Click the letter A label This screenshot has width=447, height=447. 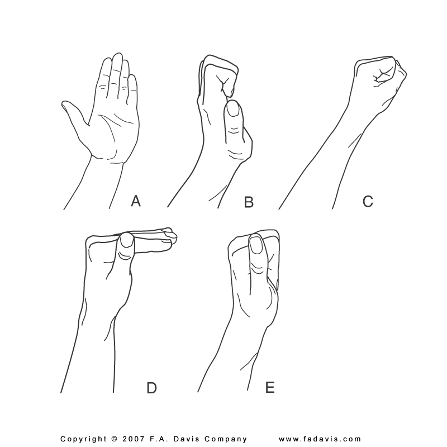click(136, 201)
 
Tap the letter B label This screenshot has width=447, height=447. click(249, 202)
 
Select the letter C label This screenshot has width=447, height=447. click(368, 201)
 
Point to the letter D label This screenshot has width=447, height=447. click(151, 388)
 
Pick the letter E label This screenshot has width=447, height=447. click(270, 387)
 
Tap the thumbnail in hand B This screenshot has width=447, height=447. click(234, 110)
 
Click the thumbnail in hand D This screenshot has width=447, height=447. click(127, 241)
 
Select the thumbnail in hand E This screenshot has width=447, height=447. click(256, 245)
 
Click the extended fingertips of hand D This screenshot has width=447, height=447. click(170, 235)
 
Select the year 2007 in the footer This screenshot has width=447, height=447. click(132, 439)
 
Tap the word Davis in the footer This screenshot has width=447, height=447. click(186, 439)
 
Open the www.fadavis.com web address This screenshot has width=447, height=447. click(320, 439)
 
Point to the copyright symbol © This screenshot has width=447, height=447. click(115, 439)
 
